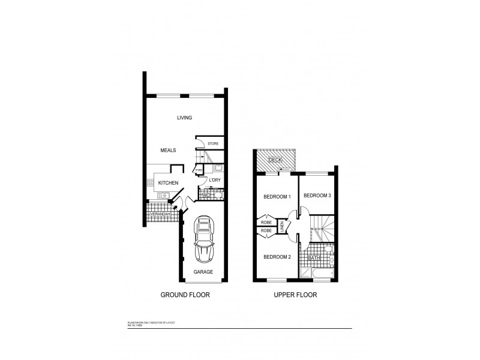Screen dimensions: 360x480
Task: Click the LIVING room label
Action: [184, 118]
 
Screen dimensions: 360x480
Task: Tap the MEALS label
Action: [168, 150]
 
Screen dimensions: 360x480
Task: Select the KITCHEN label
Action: [168, 182]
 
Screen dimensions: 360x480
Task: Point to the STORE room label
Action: [212, 144]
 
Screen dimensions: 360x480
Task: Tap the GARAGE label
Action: [203, 272]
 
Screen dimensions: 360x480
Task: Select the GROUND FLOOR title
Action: [185, 295]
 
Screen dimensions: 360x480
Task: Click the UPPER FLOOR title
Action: [295, 295]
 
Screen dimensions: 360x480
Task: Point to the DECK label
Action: [275, 160]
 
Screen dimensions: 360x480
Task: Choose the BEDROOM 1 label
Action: [277, 197]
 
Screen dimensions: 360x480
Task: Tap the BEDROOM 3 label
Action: [316, 196]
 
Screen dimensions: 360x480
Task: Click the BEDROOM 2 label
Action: [277, 257]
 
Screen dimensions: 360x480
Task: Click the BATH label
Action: [314, 258]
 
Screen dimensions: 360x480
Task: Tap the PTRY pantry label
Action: [199, 170]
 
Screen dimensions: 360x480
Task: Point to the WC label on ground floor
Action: [206, 195]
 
